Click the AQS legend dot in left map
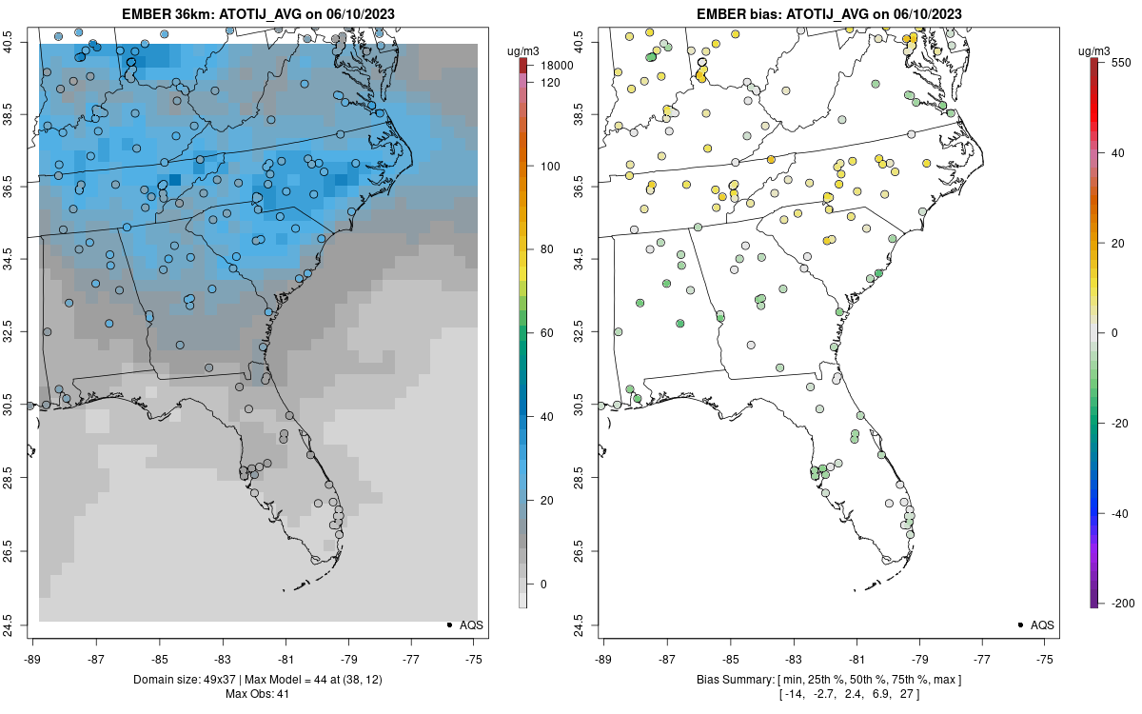(448, 625)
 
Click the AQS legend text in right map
(1042, 625)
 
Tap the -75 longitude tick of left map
(475, 657)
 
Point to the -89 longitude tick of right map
(604, 657)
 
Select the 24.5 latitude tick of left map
(20, 625)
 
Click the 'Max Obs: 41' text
(257, 694)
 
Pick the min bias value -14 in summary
(793, 694)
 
